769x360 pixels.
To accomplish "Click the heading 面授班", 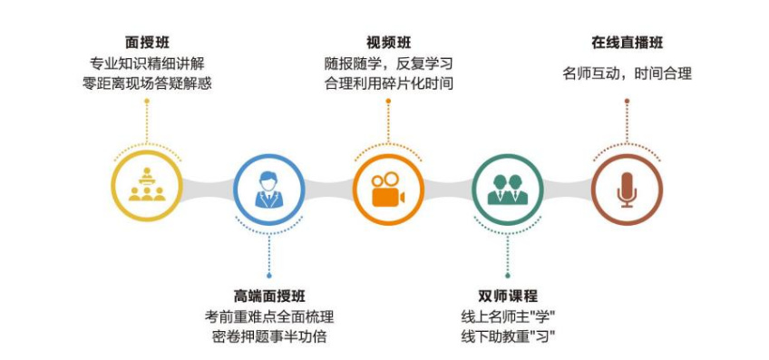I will (147, 42).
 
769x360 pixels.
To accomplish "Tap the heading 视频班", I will (387, 42).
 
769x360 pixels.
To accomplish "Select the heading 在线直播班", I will (627, 42).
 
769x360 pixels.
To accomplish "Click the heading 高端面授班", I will (269, 297).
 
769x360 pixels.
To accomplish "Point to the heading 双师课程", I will (508, 297).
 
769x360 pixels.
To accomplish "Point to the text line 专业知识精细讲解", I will (147, 64).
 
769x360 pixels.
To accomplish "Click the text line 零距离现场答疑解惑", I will (147, 84).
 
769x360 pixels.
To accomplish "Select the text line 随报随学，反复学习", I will (388, 64).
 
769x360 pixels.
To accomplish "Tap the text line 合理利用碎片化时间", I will (388, 84).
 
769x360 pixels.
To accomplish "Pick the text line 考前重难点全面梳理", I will (269, 317).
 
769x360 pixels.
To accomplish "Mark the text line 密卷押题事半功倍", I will (269, 337).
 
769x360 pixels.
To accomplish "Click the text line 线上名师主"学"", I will (508, 317).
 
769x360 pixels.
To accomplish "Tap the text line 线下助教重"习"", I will (508, 337).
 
